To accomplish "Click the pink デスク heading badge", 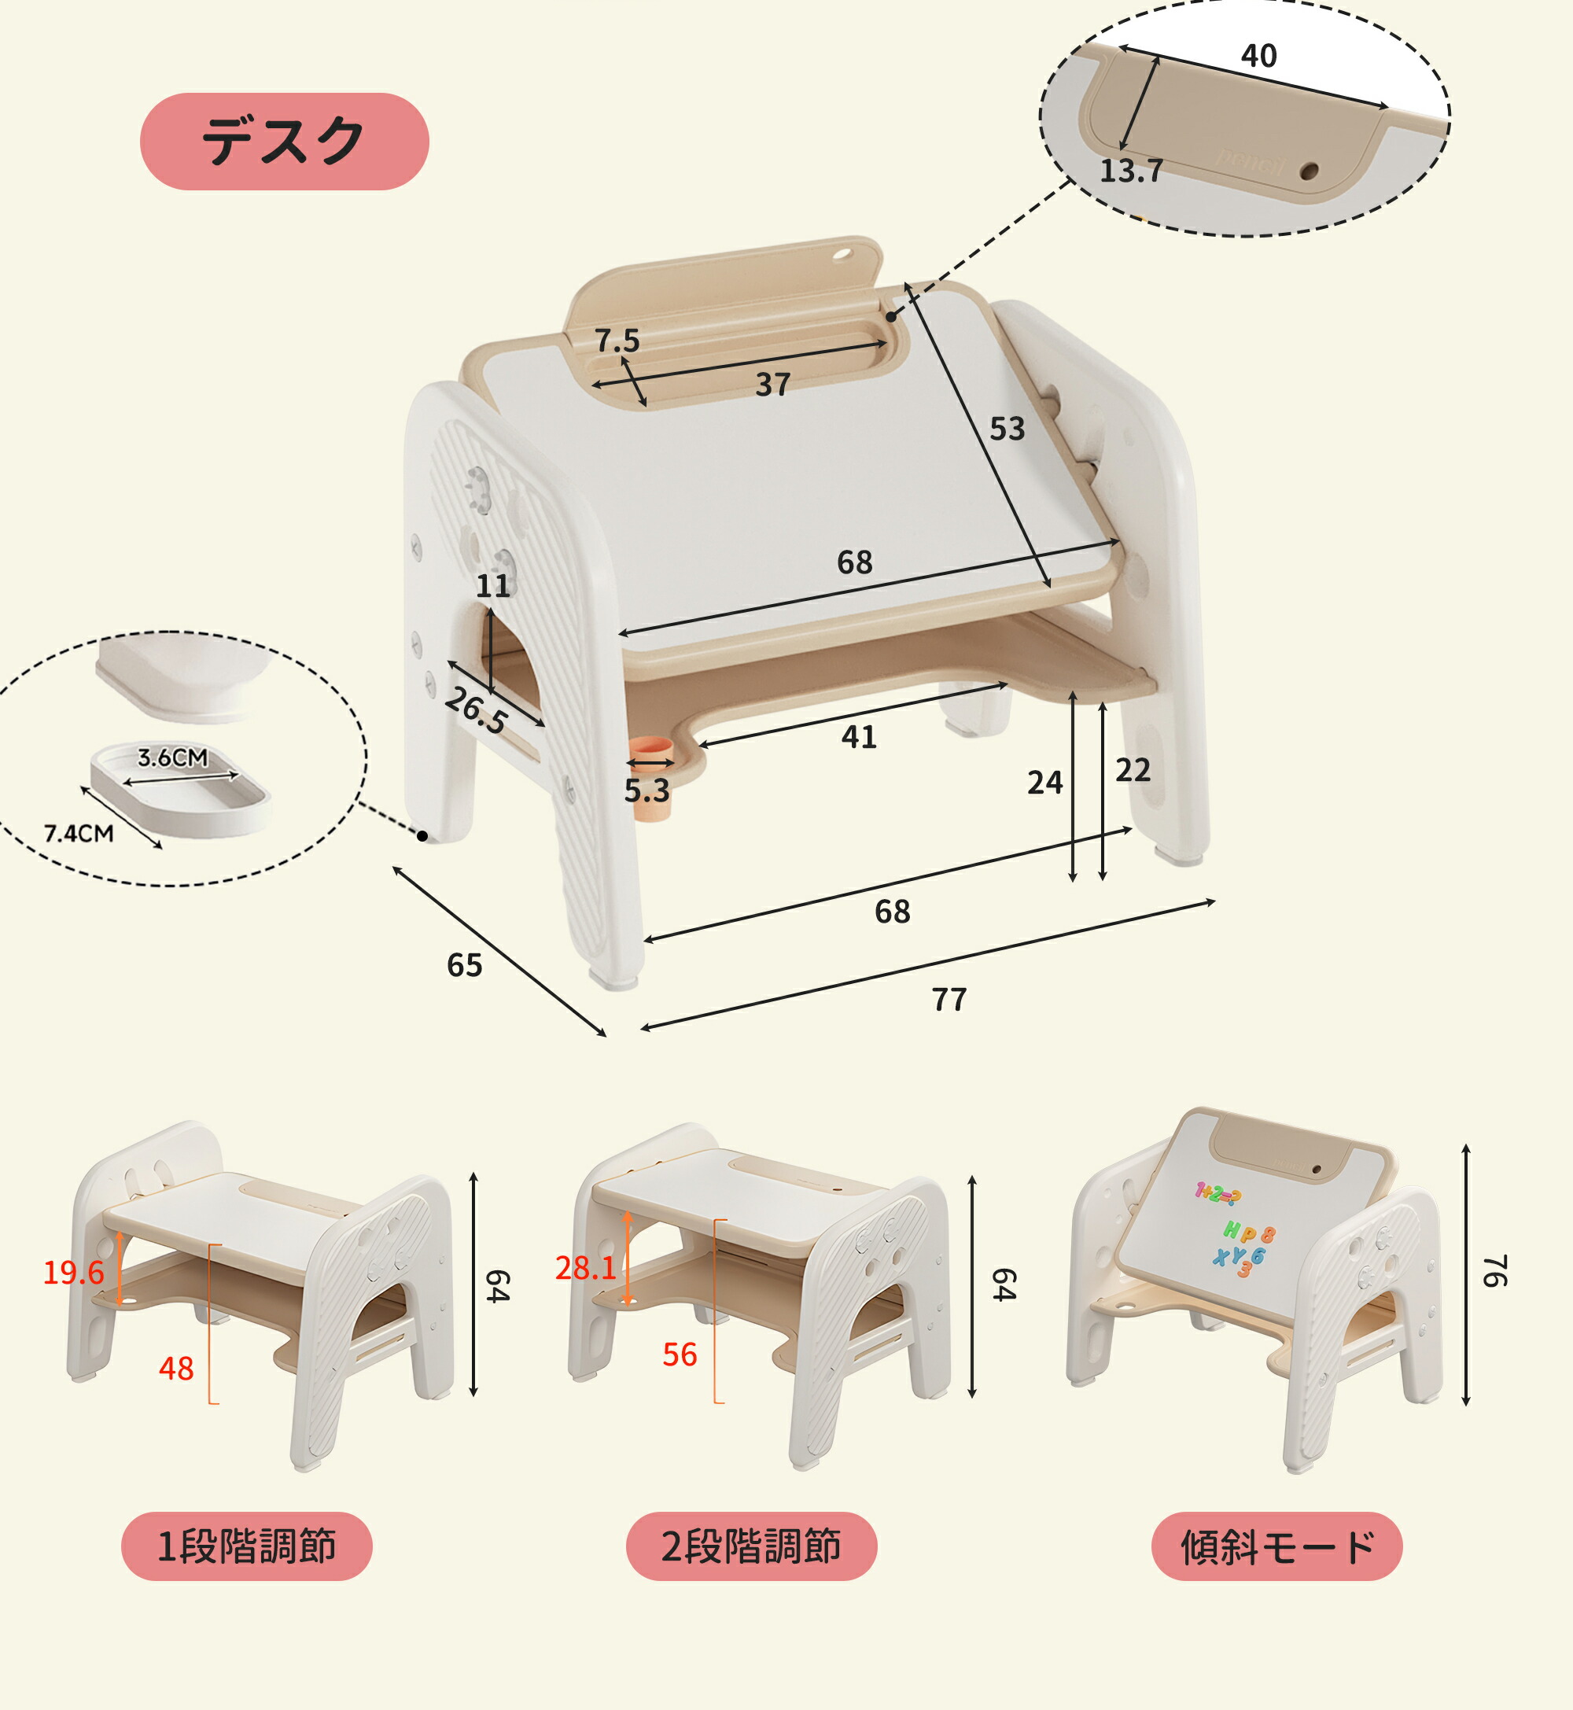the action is (x=284, y=142).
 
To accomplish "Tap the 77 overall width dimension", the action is (x=949, y=999).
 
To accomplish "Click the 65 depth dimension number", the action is (x=465, y=965).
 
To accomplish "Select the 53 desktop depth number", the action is (x=1007, y=429).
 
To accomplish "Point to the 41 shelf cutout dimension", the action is (x=859, y=737).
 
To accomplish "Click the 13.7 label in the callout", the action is (x=1131, y=171).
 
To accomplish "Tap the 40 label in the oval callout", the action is (x=1259, y=56).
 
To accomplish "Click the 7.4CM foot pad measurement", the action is (x=79, y=833).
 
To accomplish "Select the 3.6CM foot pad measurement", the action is (x=173, y=757).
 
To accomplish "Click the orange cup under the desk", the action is (x=651, y=777).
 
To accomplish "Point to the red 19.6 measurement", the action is (x=73, y=1273).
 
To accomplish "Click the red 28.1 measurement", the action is (x=586, y=1268).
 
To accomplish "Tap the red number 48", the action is (x=176, y=1369).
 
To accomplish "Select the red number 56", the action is (x=680, y=1355).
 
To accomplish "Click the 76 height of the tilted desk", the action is (x=1494, y=1271).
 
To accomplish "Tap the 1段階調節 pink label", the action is (x=247, y=1546).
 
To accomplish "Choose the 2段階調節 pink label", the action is (x=752, y=1546).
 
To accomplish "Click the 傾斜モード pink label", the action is (x=1276, y=1546).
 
